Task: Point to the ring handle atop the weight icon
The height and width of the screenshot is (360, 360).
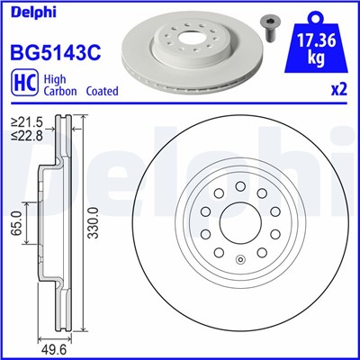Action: click(313, 14)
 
